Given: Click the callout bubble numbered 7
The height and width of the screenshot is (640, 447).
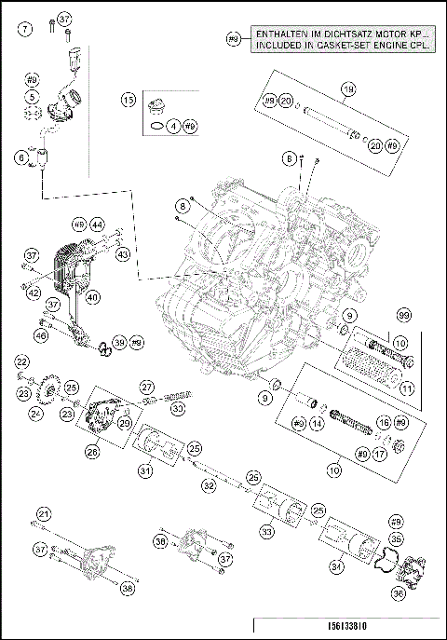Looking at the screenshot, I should click(x=26, y=28).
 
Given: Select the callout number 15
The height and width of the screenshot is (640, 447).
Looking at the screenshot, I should click(x=129, y=100).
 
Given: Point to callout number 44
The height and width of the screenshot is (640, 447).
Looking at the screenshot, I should click(x=96, y=225).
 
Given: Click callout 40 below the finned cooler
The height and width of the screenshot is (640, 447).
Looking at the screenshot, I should click(x=93, y=299).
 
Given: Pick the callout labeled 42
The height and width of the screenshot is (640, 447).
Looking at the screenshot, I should click(x=34, y=293).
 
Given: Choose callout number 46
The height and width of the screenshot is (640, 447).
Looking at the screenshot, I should click(x=40, y=335).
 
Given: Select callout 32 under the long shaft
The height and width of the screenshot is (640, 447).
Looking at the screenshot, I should click(x=210, y=485).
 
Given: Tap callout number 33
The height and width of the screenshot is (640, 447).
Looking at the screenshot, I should click(x=267, y=532).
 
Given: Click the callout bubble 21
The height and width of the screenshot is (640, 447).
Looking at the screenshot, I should click(x=43, y=514).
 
